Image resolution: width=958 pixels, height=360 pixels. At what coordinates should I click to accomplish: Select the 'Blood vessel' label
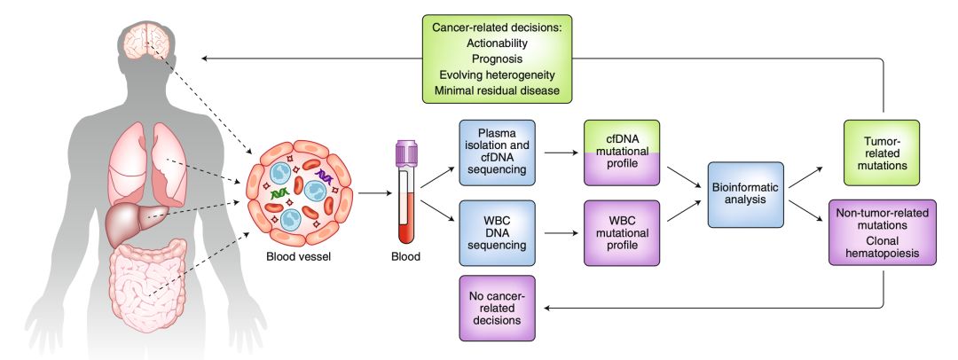point(298,257)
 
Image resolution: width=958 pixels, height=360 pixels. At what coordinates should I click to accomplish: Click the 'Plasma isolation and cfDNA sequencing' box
point(498,153)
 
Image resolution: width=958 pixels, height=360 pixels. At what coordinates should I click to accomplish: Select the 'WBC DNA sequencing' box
point(498,233)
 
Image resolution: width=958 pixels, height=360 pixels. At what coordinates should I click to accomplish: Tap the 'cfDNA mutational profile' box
point(622,153)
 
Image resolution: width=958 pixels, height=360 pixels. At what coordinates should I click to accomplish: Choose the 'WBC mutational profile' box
point(622,233)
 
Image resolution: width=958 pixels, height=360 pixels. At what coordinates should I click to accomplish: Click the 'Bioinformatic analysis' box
point(745,194)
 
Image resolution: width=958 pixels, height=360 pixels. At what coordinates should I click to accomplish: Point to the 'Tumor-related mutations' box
point(882,153)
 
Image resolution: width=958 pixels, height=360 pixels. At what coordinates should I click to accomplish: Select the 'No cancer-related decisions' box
point(498,308)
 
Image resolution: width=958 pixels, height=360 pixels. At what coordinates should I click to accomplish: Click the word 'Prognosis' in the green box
point(497,59)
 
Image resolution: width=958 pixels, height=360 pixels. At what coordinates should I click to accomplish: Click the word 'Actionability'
point(497,43)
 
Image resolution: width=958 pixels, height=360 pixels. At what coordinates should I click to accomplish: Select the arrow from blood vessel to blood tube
point(375,193)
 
